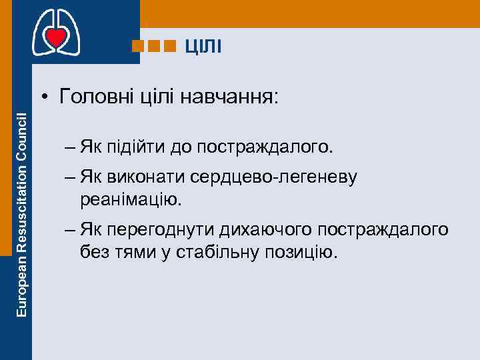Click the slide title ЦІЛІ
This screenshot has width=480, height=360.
(x=204, y=46)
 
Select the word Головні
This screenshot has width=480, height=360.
(x=96, y=97)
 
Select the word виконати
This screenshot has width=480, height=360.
(x=140, y=177)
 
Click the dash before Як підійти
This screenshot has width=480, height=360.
(x=70, y=145)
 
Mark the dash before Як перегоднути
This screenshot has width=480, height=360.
(x=70, y=230)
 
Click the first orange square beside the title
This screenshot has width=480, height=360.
(x=138, y=46)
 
